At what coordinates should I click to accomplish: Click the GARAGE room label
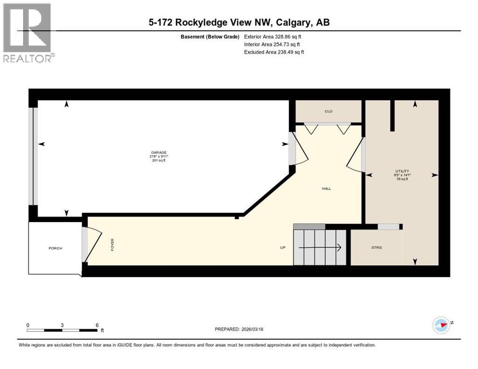159,152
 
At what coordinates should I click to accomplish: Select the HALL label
327,188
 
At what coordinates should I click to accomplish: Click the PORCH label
55,248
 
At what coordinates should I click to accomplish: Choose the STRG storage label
376,247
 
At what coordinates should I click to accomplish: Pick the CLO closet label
328,111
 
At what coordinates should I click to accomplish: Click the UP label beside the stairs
283,248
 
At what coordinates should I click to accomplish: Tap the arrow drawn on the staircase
320,248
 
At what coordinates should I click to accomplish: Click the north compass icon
441,325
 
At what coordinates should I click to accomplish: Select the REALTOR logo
28,33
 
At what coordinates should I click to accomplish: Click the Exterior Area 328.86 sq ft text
274,36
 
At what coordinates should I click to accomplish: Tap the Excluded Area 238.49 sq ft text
274,52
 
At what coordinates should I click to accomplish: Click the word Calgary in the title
288,22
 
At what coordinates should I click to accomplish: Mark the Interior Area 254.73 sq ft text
273,44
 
